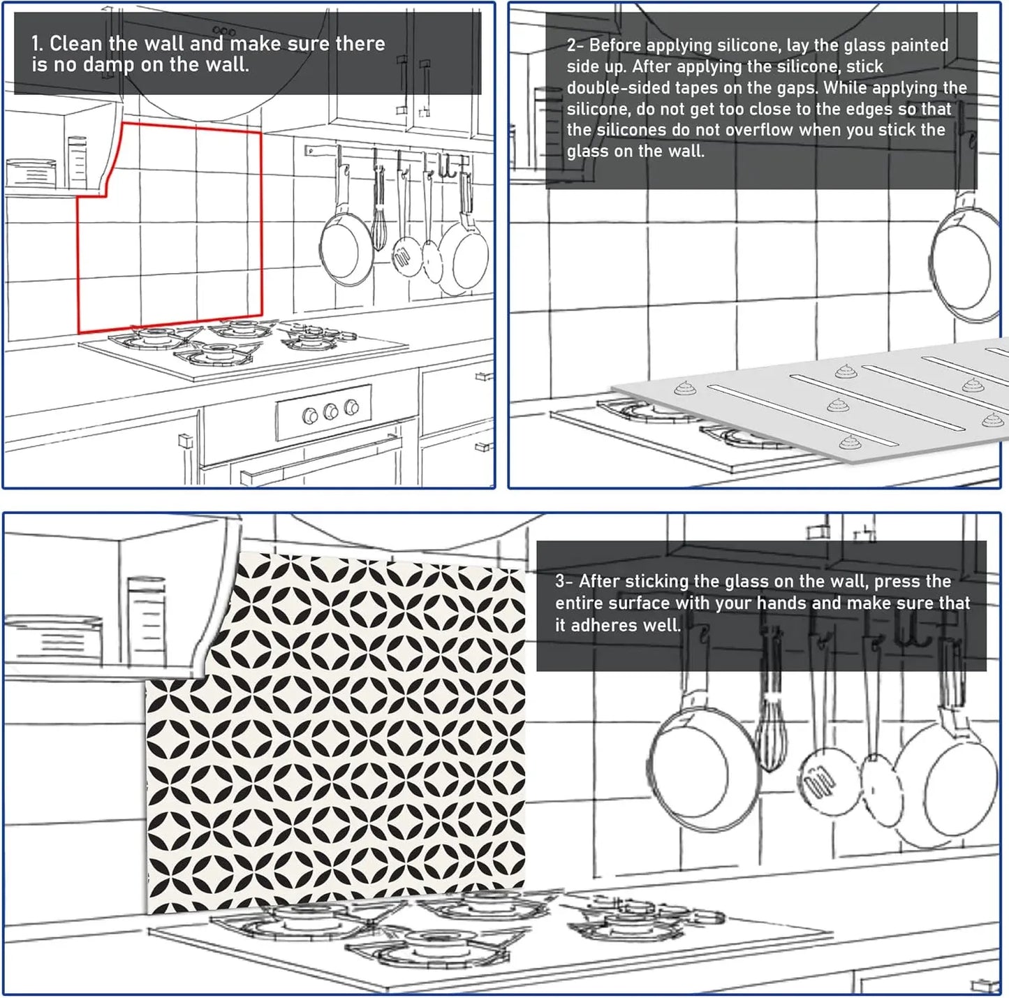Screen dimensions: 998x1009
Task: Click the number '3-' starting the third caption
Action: pyautogui.click(x=564, y=582)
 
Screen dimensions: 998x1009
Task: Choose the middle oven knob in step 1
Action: pyautogui.click(x=330, y=412)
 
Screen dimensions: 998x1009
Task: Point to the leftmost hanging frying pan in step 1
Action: pyautogui.click(x=346, y=248)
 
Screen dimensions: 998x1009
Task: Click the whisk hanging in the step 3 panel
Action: pyautogui.click(x=770, y=733)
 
